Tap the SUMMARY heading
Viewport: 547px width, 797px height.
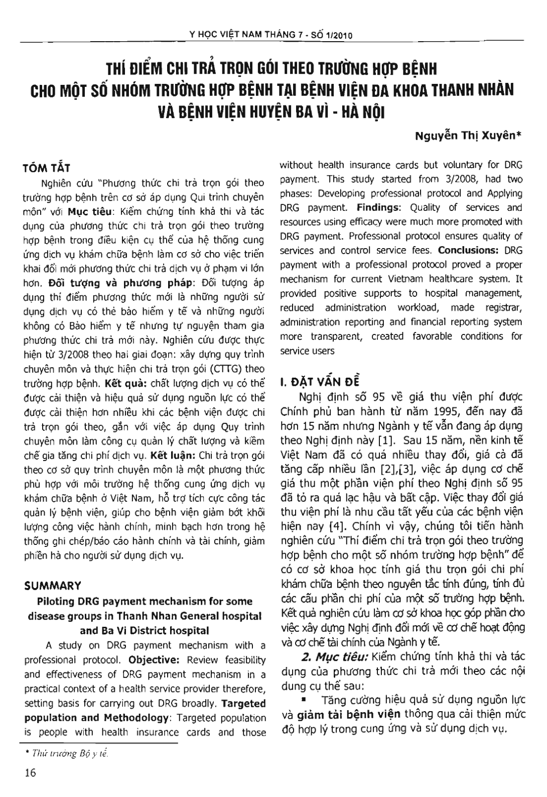pos(52,586)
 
